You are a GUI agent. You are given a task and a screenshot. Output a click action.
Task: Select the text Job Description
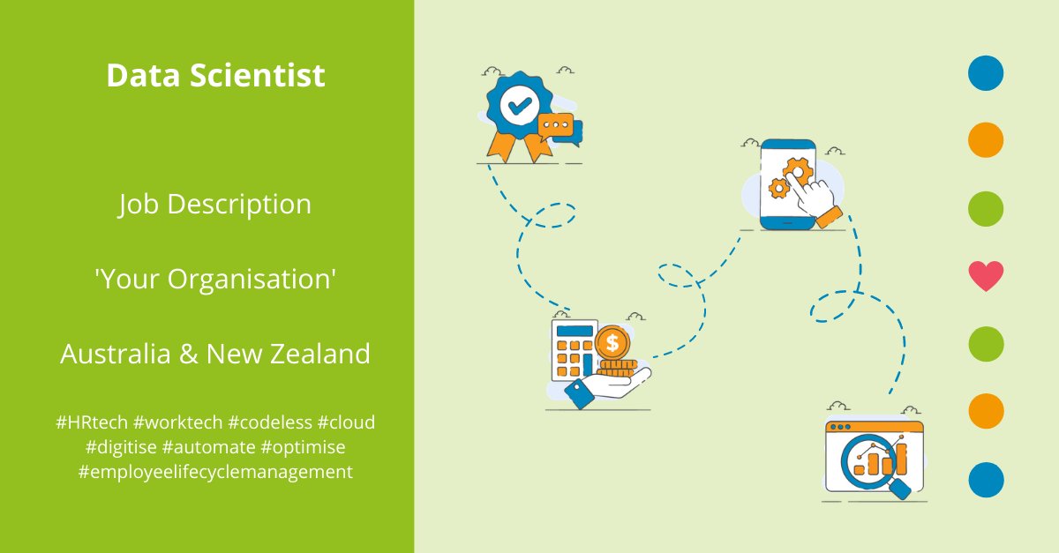215,205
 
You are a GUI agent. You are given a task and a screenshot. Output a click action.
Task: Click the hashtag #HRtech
91,422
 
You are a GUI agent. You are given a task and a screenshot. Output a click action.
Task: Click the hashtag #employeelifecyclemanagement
215,472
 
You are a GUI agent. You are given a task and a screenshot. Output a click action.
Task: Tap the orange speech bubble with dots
556,125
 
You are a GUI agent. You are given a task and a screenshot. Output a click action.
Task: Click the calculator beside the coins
574,350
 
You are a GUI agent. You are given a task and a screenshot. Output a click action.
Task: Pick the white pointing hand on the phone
812,195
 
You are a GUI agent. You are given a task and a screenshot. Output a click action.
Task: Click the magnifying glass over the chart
869,459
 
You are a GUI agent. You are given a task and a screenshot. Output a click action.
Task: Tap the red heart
986,276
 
